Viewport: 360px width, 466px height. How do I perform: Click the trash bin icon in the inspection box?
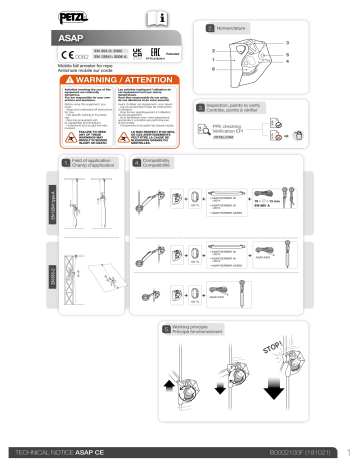coord(317,128)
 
